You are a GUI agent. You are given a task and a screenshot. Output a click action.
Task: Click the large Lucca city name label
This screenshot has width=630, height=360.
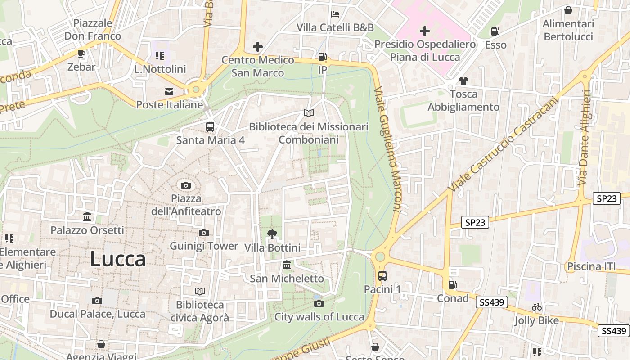[118, 260]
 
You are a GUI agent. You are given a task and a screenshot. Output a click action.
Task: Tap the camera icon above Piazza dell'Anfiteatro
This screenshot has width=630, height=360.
[185, 185]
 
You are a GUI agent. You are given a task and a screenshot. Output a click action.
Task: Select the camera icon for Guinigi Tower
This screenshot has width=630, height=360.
[204, 233]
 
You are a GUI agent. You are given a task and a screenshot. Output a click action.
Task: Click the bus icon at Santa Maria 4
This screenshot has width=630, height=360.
[210, 127]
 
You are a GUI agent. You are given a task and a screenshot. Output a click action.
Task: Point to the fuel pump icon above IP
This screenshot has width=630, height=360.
[322, 57]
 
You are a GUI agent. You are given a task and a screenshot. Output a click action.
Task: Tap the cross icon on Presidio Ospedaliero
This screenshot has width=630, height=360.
[424, 31]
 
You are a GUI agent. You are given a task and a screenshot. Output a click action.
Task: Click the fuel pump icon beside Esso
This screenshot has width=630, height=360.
[495, 31]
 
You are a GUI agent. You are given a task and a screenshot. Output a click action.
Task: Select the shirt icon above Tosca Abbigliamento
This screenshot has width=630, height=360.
[463, 81]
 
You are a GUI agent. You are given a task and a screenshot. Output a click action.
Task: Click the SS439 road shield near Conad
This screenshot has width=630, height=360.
[491, 302]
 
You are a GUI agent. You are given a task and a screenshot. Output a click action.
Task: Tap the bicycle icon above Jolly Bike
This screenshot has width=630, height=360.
[536, 307]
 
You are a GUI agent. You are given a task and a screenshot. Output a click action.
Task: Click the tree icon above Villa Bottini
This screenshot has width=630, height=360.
[272, 234]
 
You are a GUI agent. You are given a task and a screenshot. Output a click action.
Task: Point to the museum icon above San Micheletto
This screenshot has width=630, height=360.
[287, 265]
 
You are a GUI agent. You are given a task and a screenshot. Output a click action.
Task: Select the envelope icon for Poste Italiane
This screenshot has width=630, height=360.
[169, 92]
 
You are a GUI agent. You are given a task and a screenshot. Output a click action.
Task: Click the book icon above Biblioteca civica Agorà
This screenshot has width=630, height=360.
[199, 292]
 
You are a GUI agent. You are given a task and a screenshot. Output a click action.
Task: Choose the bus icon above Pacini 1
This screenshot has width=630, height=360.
[382, 276]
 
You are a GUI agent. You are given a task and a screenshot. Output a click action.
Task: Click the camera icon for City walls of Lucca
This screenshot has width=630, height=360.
[319, 303]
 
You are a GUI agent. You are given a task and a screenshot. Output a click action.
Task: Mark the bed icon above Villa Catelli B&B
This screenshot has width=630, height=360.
[335, 14]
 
